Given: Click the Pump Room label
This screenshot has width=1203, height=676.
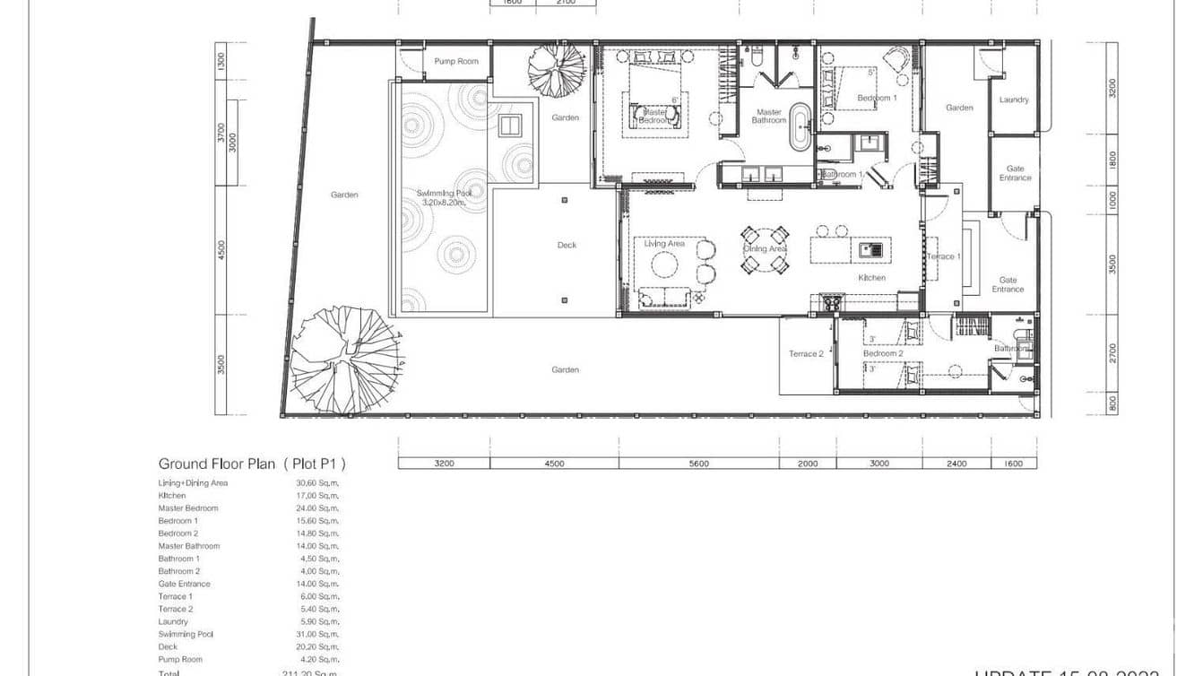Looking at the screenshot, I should tap(456, 61).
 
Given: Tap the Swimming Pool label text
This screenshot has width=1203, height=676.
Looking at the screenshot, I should tap(441, 197).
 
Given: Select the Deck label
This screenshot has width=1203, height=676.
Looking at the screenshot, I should tap(567, 245).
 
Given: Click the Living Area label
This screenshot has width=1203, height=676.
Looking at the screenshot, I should tap(664, 244).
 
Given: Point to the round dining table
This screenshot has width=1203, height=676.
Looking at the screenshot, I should tap(765, 249).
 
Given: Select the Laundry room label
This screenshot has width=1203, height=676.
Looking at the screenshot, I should tap(1014, 100).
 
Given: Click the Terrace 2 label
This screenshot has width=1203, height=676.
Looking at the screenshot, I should tap(805, 354).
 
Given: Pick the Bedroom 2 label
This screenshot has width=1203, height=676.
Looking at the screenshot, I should tap(883, 353).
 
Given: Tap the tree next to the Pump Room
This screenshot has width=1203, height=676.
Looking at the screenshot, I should tap(555, 69).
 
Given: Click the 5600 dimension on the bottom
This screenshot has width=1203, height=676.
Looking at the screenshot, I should tap(698, 464).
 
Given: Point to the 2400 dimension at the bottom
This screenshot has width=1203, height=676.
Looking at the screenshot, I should tap(957, 464).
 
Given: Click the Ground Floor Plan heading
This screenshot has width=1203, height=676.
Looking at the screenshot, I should tap(252, 464).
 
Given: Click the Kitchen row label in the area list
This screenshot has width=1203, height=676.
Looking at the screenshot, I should tap(172, 496).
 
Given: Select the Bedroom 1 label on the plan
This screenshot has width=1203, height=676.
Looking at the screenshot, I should tap(876, 98).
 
